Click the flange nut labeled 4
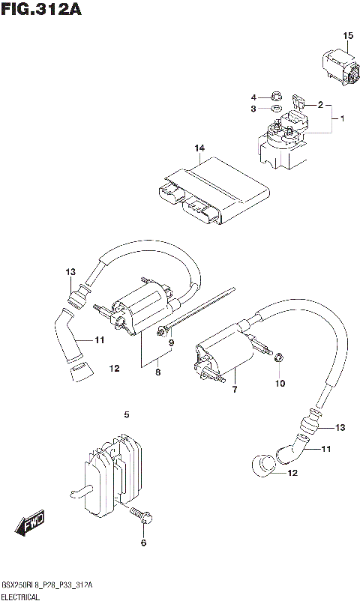click(274, 97)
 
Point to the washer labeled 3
click(275, 109)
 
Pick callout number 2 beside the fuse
click(320, 105)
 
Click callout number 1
click(342, 119)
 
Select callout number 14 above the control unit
click(199, 148)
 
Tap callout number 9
click(171, 342)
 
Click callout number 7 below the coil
click(234, 390)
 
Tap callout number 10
click(280, 384)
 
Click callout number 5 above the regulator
click(127, 414)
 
